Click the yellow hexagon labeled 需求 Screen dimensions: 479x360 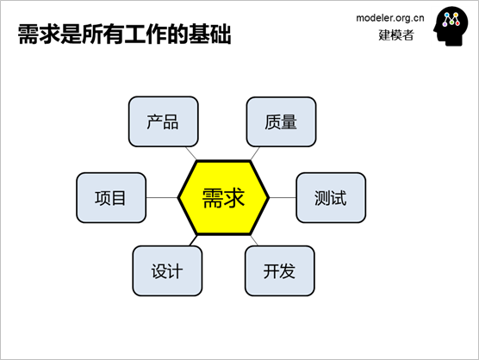223,197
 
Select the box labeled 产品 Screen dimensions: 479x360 164,121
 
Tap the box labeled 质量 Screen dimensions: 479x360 281,121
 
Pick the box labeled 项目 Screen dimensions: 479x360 111,197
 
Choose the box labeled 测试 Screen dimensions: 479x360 331,197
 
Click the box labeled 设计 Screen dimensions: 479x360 167,270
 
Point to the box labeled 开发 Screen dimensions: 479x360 279,270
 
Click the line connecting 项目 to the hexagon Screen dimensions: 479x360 162,197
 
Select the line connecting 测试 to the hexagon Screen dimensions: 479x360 283,197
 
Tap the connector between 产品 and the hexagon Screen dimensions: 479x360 191,153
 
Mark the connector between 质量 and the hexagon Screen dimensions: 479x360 255,153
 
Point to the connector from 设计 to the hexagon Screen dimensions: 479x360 193,240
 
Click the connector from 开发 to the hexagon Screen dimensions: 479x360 254,240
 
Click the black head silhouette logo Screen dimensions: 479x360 451,26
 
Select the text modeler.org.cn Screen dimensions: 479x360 390,18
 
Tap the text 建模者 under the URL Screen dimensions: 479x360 396,35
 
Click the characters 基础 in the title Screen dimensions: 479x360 210,34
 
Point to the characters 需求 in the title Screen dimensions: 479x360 39,34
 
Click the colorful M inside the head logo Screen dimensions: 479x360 451,19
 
